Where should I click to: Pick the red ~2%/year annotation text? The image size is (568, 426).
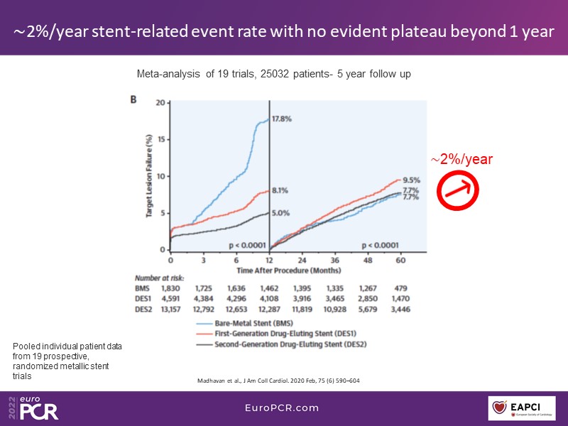click(463, 160)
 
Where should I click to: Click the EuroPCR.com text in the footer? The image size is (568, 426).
click(283, 408)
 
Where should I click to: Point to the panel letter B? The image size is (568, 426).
click(133, 100)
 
